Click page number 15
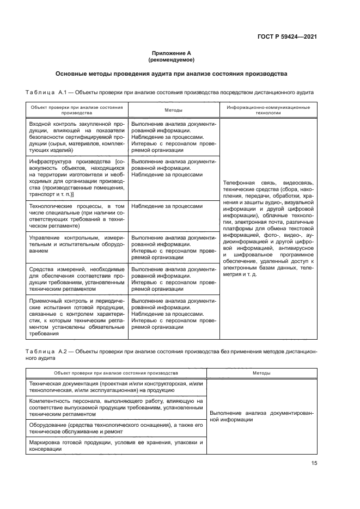coord(314,463)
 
